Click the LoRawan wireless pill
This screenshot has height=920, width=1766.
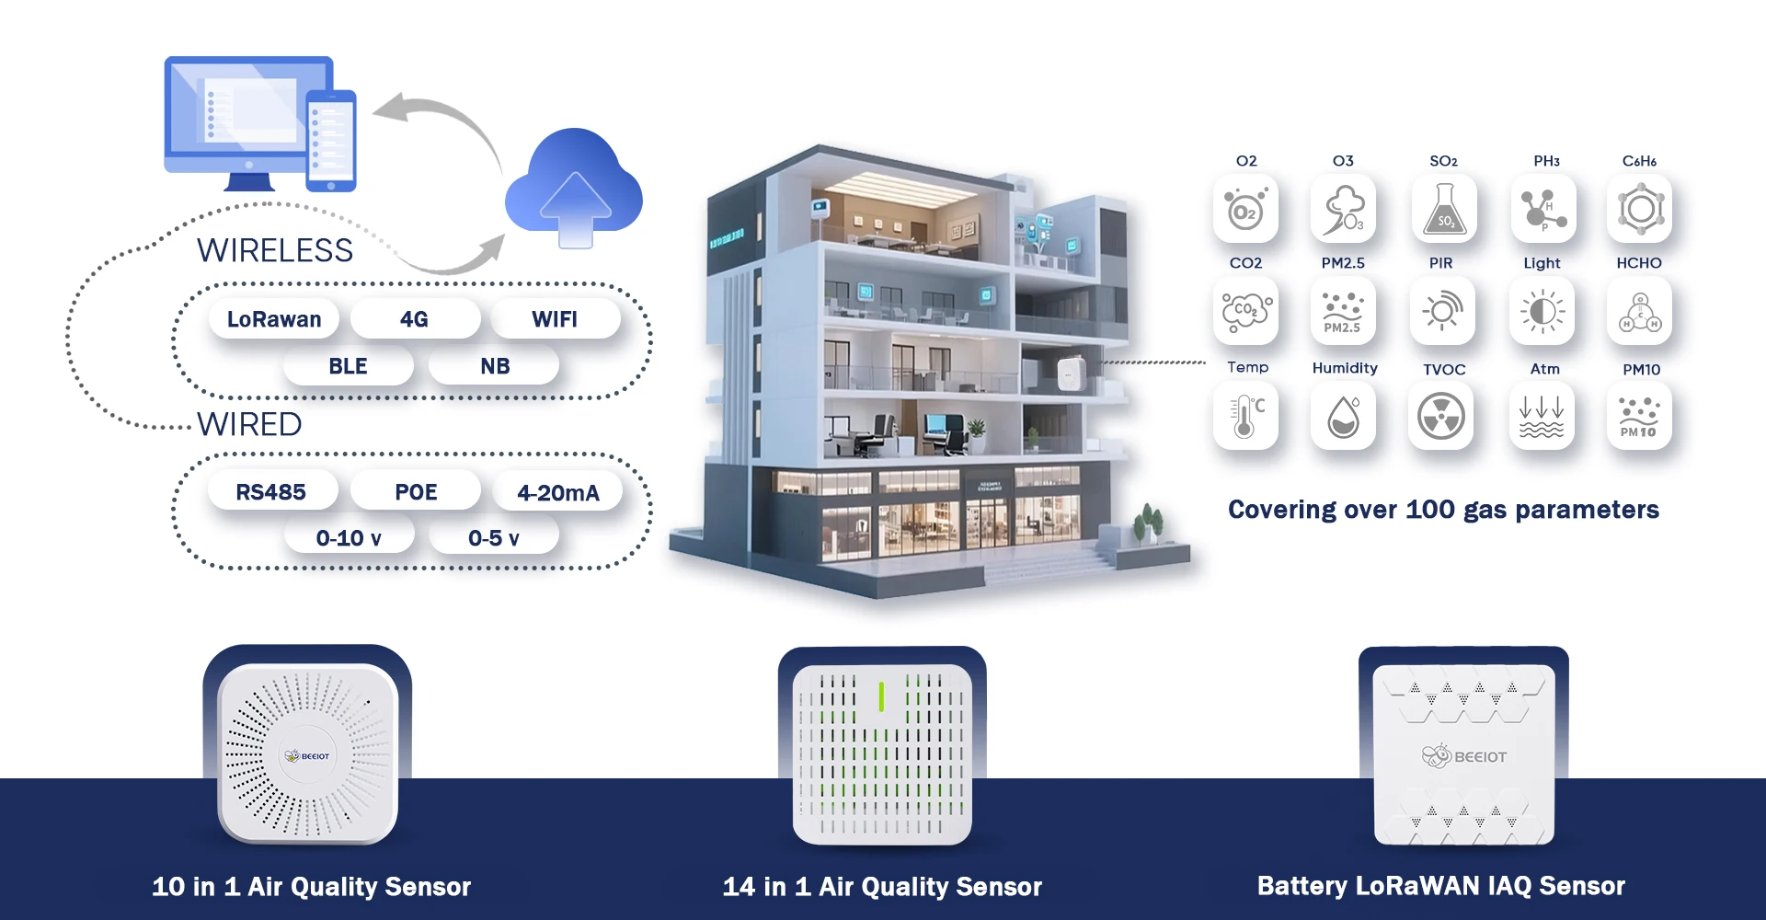point(274,319)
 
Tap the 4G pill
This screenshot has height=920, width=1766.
point(414,319)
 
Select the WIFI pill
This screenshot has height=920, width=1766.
point(555,319)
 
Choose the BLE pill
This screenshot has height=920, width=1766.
point(348,366)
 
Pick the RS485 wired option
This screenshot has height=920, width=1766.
point(270,492)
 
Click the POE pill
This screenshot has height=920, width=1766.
point(416,492)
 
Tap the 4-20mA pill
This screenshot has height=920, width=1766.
point(557,493)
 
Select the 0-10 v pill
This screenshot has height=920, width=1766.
point(348,538)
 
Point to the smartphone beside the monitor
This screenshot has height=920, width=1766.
point(330,141)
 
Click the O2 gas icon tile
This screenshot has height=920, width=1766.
point(1245,210)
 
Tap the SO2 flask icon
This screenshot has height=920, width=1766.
point(1444,210)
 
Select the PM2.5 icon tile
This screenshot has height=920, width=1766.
point(1343,312)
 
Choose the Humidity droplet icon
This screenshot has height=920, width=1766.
point(1343,417)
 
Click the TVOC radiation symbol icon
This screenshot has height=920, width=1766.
point(1441,417)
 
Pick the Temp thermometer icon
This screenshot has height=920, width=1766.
point(1245,417)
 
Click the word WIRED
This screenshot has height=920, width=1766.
point(249,424)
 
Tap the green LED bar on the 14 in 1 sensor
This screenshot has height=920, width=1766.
point(881,696)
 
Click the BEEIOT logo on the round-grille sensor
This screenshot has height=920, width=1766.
point(307,755)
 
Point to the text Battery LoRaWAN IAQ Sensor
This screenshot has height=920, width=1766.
point(1440,886)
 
